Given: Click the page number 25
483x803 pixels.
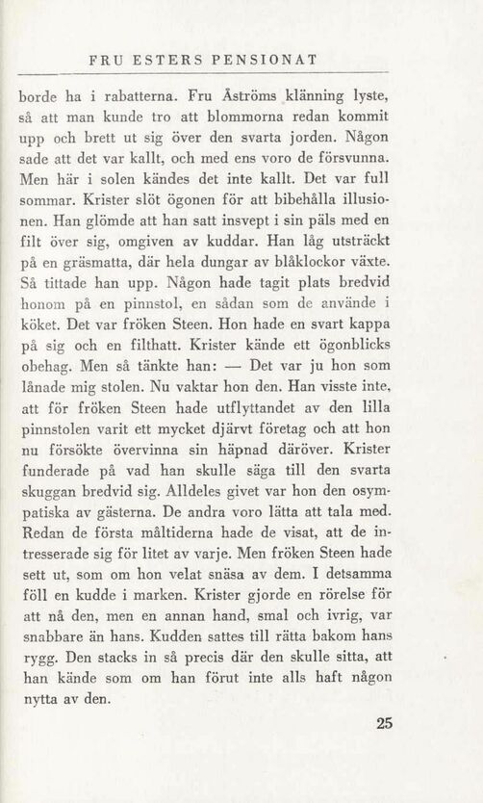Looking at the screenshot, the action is tap(385, 724).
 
